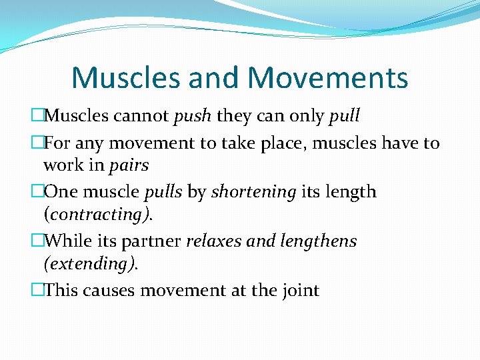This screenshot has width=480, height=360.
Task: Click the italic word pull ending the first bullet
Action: (344, 116)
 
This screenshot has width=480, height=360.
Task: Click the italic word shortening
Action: (253, 192)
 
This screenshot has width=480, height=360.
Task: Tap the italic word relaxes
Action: (213, 241)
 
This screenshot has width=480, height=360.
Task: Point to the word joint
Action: (301, 290)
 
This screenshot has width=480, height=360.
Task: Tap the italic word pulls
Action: (163, 192)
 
